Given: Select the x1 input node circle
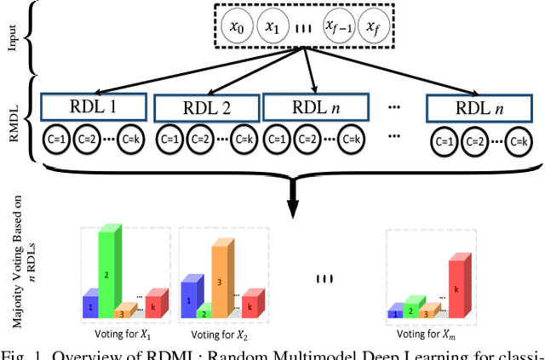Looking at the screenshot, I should click(272, 28).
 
